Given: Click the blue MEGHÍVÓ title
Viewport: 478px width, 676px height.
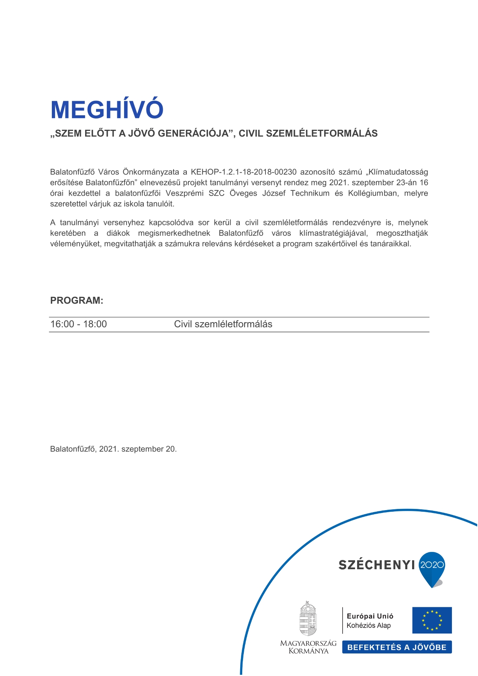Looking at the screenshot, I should click(107, 109).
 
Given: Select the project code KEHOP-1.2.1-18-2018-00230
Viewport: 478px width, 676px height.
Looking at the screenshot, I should click(243, 172).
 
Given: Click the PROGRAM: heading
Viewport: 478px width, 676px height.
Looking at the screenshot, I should click(77, 300).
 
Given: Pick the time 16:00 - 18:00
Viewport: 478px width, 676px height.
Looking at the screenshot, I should click(79, 324).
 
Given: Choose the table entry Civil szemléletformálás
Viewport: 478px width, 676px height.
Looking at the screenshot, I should click(223, 324).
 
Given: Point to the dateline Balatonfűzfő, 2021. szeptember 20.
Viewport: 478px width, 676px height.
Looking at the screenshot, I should click(113, 449).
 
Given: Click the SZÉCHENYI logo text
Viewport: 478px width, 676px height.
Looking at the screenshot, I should click(376, 565).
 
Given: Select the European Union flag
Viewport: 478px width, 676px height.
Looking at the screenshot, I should click(432, 620).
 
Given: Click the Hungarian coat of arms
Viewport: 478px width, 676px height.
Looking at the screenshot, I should click(308, 619).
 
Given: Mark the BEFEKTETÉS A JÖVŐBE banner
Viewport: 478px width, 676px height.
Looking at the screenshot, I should click(397, 647).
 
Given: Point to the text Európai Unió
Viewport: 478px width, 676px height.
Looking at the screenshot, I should click(370, 616).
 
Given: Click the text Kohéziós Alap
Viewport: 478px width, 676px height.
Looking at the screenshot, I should click(368, 625).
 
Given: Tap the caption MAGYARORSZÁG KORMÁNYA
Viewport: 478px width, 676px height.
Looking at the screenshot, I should click(308, 647).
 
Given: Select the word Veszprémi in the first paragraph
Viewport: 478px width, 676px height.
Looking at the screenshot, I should click(184, 193).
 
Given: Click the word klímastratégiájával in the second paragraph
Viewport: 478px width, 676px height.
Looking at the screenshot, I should click(333, 233).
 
